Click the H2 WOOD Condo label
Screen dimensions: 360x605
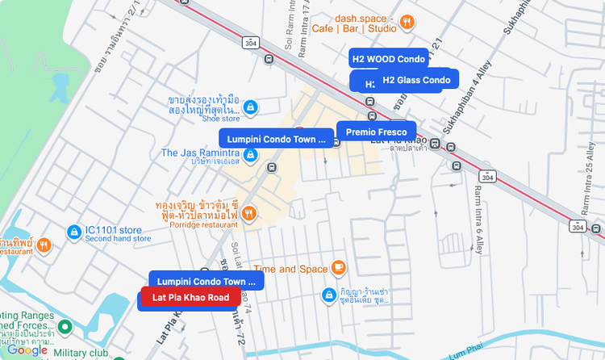coord(388,59)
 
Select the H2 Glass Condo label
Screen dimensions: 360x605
coord(416,80)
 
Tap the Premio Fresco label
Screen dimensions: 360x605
coord(376,132)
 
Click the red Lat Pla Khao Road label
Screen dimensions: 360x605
coord(191,297)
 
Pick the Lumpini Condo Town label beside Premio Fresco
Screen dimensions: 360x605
coord(275,139)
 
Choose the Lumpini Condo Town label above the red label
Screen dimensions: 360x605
coord(206,281)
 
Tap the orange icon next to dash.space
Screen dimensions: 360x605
coord(408,22)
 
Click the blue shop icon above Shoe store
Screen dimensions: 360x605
coord(250,107)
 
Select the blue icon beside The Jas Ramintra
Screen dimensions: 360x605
coord(251,153)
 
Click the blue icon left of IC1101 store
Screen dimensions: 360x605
coord(74,232)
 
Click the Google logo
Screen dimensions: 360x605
coord(27,350)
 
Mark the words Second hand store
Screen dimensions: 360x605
coord(119,238)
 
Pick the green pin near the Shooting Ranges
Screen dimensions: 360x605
coord(66,327)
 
